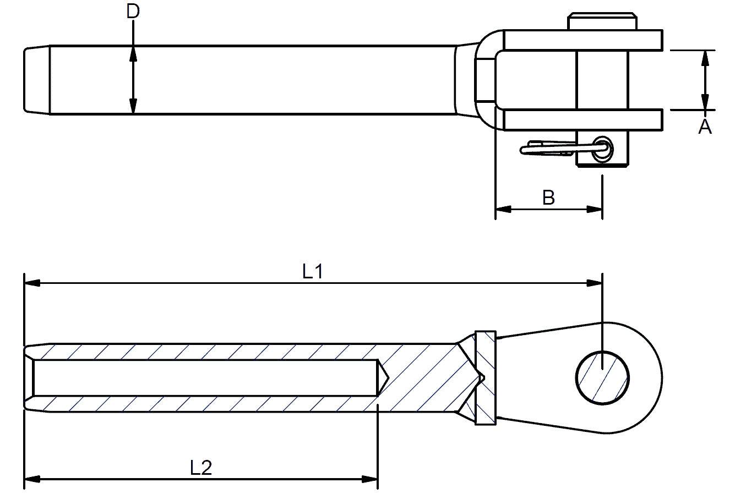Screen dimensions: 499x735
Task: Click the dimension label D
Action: (133, 11)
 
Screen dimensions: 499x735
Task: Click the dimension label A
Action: (705, 127)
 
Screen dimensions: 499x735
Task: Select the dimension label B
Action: (548, 198)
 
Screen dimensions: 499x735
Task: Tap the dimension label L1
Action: (312, 271)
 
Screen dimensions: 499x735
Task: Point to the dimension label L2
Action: (201, 468)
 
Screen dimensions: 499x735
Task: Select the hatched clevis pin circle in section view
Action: (603, 378)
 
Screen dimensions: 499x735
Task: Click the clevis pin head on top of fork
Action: (602, 21)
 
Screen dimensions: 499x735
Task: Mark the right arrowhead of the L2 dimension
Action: (370, 480)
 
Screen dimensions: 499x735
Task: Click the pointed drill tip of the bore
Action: (385, 377)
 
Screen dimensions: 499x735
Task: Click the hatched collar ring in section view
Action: (485, 378)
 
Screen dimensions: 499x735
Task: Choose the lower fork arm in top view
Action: (584, 119)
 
